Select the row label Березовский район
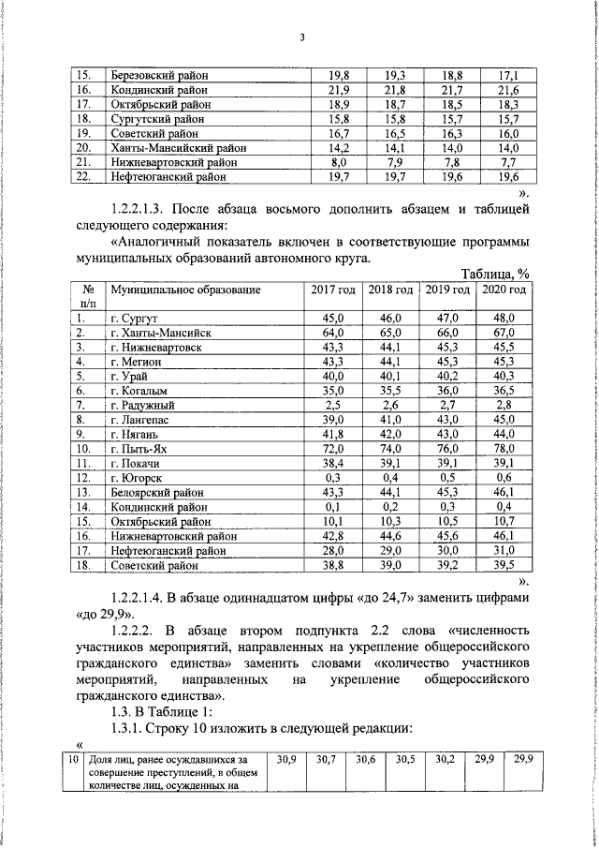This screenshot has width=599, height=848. coord(159,75)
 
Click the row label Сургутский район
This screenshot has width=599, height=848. coord(155,118)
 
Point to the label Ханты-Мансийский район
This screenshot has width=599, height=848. coord(175,147)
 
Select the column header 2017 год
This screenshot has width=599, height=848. coord(334,290)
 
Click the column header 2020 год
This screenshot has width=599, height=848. coord(504,290)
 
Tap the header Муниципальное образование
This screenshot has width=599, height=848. coord(184,290)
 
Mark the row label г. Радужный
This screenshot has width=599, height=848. coord(141,406)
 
